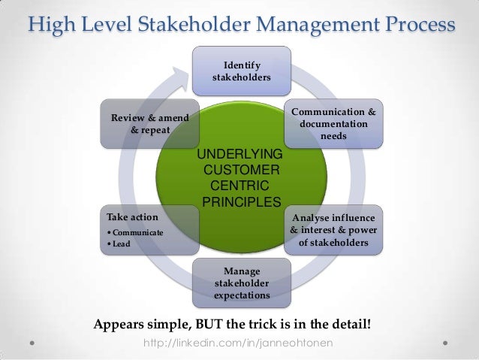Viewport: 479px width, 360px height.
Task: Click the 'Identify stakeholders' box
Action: point(242,71)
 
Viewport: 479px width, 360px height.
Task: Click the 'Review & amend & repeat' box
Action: point(149,124)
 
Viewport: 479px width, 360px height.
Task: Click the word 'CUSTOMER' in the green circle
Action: point(241,171)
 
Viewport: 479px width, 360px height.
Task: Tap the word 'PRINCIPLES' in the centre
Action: point(241,201)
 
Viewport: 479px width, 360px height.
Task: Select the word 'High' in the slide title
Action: point(52,26)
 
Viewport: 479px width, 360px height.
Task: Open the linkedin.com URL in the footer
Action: point(239,343)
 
